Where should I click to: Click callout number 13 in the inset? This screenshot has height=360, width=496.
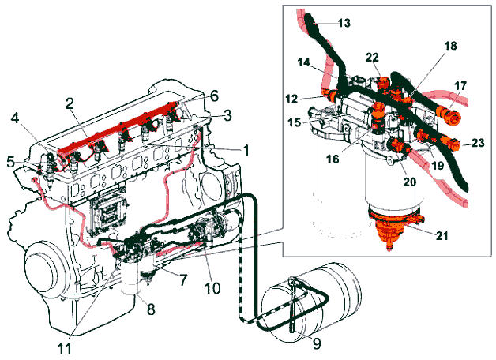(344, 22)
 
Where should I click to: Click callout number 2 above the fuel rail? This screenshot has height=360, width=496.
(70, 103)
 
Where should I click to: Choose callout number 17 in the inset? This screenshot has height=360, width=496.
(461, 84)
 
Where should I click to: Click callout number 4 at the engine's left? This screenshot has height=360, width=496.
(14, 120)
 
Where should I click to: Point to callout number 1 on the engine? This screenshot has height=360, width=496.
(246, 150)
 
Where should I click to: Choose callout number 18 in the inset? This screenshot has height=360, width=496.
(450, 47)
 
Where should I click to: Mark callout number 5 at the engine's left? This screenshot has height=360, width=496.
(9, 163)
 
